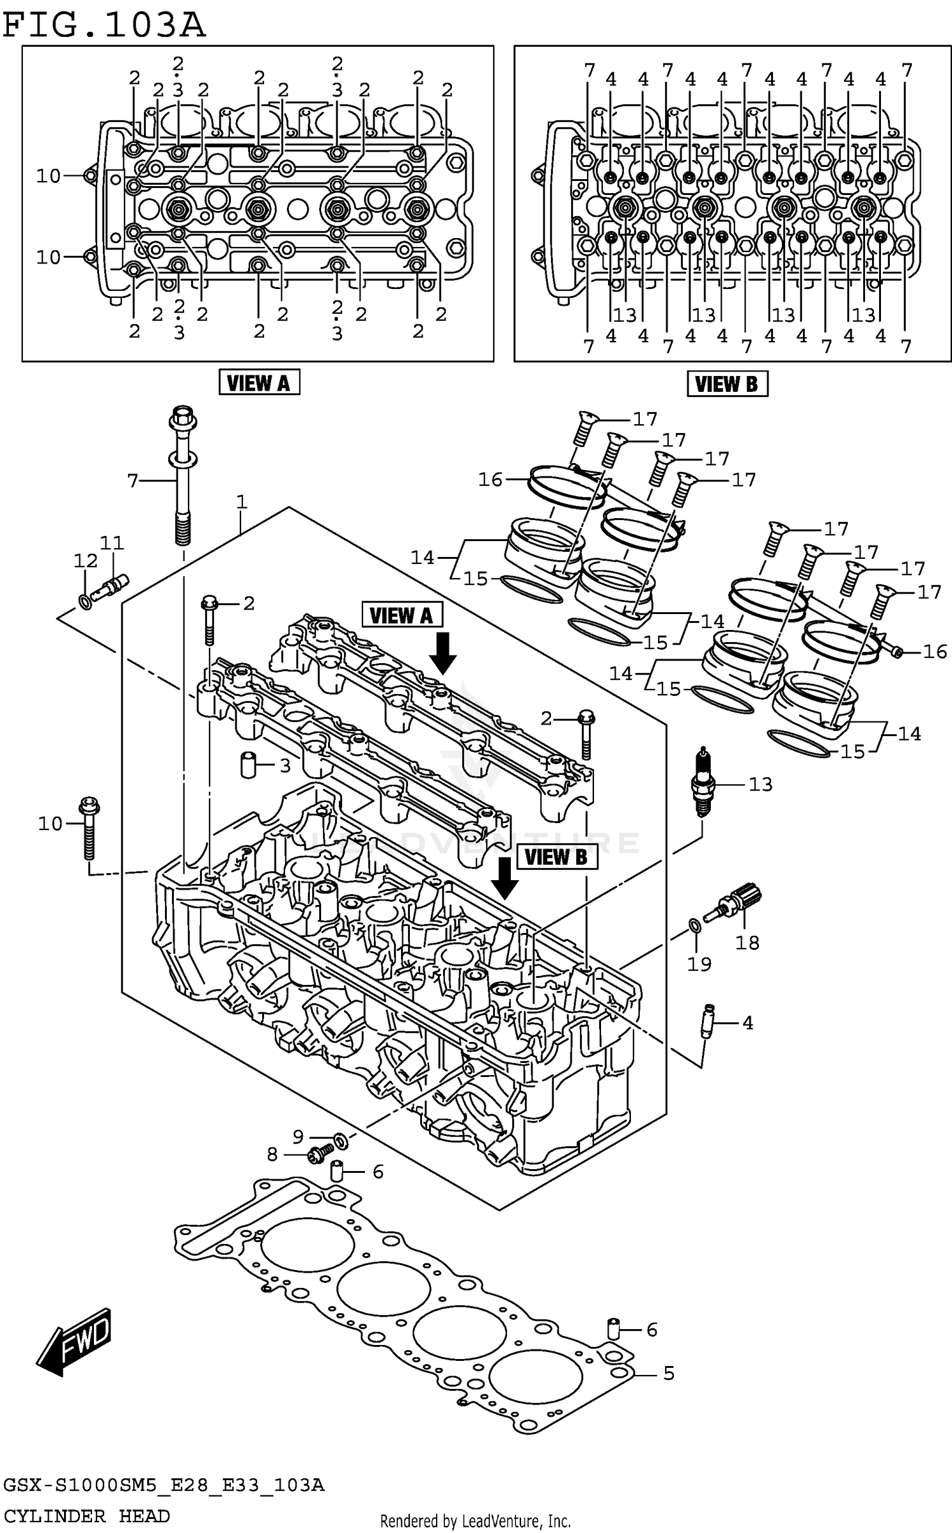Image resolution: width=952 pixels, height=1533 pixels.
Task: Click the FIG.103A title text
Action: click(x=105, y=25)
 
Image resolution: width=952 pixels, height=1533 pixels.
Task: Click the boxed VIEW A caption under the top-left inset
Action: click(x=259, y=383)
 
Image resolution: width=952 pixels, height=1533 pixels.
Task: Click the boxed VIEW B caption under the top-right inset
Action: click(x=727, y=384)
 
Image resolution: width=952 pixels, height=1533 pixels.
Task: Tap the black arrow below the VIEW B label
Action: click(x=505, y=878)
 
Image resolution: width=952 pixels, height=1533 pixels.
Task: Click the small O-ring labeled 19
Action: click(x=695, y=925)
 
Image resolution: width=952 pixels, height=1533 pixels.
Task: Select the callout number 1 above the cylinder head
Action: click(x=241, y=502)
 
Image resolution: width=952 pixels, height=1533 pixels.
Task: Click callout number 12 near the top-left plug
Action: click(x=86, y=560)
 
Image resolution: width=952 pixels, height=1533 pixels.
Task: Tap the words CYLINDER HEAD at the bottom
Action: click(x=86, y=1516)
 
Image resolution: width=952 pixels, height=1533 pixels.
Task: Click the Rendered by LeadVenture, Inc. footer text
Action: click(x=475, y=1521)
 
